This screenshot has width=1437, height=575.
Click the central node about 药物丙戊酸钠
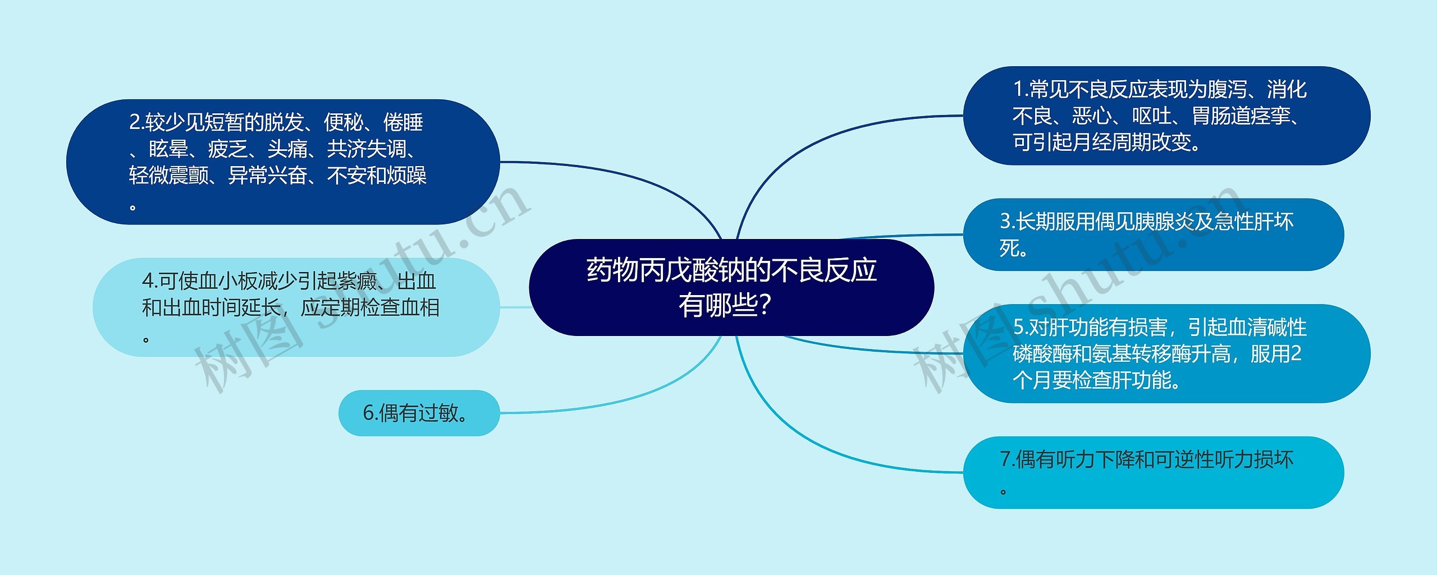[731, 287]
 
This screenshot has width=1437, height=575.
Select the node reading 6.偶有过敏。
[418, 413]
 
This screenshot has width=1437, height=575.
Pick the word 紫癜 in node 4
[358, 281]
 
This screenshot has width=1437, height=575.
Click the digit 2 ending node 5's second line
[1296, 354]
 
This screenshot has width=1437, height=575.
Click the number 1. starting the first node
[1021, 90]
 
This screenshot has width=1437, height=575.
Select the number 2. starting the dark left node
[137, 122]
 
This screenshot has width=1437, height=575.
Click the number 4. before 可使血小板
[150, 281]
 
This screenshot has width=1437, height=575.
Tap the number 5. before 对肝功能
[1020, 328]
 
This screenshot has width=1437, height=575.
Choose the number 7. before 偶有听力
[1008, 460]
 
